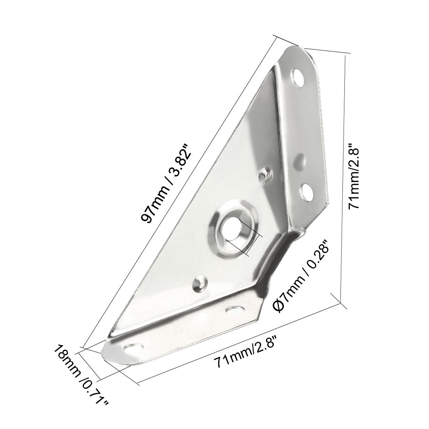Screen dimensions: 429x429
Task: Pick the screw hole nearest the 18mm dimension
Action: coord(132,347)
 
